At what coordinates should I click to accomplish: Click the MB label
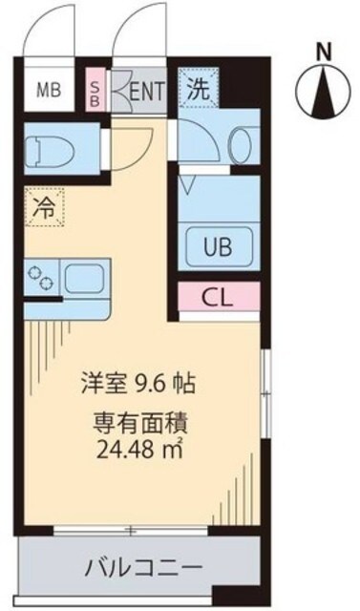coord(46,92)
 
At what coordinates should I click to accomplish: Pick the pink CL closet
coord(218,296)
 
